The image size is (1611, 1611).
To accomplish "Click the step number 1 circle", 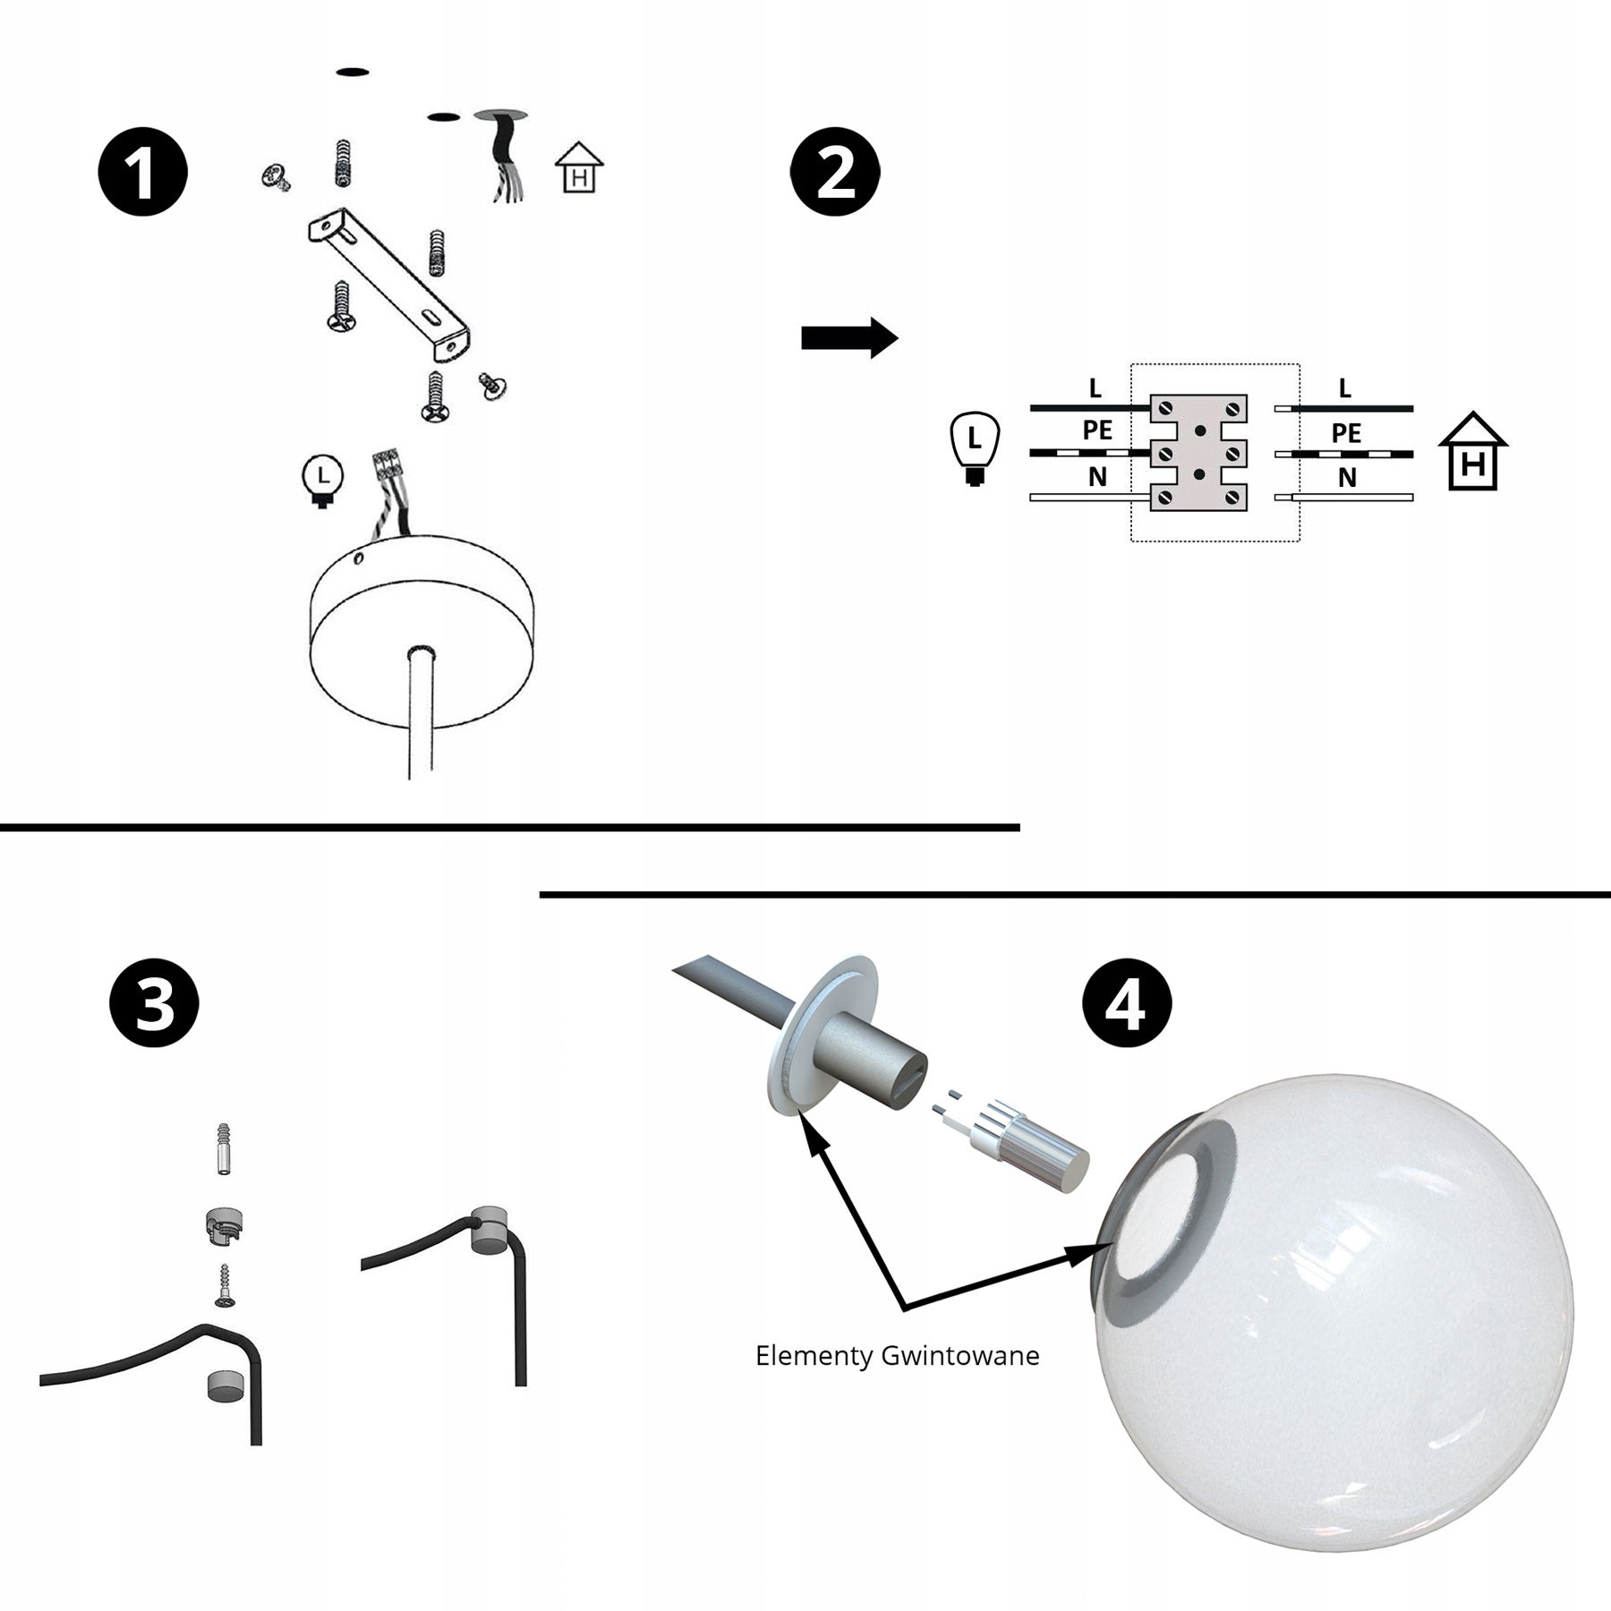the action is coord(143,172).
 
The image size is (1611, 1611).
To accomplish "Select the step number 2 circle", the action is coord(835,172).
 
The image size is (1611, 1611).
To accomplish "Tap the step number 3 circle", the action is coord(154,1002).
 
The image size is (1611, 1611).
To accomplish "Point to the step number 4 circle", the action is coord(1127,1002).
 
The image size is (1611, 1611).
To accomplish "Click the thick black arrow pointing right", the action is coord(849,338).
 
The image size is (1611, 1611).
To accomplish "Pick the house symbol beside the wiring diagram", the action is coord(1473,451).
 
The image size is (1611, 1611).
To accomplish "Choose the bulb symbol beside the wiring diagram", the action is coord(975,448).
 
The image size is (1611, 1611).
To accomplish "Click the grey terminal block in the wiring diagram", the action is coord(1198,453).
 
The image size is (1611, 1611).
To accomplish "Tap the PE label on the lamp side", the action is coord(1097,430).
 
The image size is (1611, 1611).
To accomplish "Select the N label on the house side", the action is coord(1347,479).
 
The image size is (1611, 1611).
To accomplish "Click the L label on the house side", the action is coord(1344,388).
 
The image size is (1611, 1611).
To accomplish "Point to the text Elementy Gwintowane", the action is coord(898,1356).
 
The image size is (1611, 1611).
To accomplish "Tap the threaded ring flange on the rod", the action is coord(820,1035).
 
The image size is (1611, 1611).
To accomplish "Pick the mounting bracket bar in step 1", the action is coord(390,284).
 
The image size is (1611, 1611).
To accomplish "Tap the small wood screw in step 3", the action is coord(225,1285).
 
